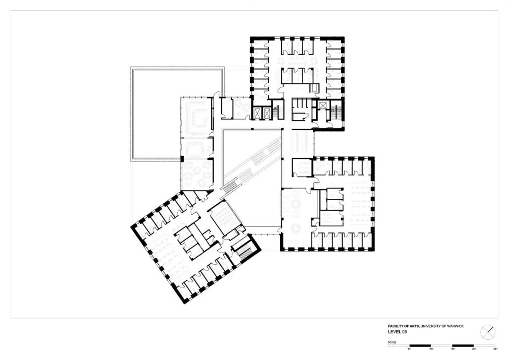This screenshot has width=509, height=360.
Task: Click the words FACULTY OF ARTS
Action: pos(403,326)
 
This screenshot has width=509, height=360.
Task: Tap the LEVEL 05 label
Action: pos(397,332)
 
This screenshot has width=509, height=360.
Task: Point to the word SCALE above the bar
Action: pos(392,342)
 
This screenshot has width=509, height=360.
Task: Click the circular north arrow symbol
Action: pos(488,332)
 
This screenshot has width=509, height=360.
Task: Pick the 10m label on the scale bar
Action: pos(431,349)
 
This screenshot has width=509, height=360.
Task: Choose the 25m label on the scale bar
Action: pos(495,349)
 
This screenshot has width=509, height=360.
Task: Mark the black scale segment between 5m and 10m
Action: pos(420,346)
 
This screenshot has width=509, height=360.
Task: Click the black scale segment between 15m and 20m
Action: pos(463,346)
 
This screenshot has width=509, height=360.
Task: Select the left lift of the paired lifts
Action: pos(257,113)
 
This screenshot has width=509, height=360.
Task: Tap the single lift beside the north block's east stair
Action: pos(323,106)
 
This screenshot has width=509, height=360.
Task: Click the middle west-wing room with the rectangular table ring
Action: pos(196,149)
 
